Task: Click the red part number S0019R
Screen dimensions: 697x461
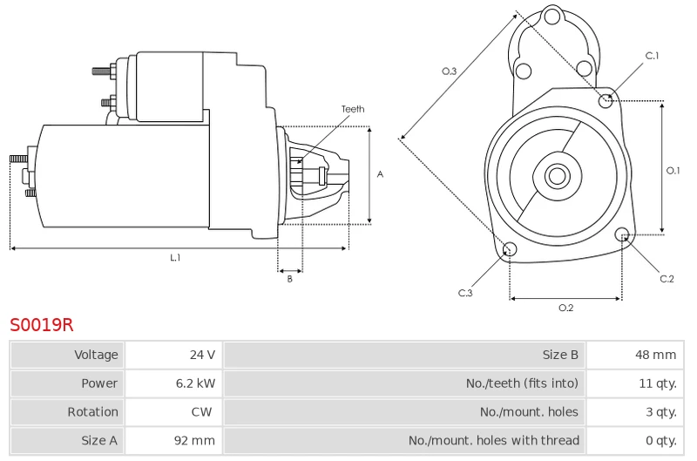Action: point(41,325)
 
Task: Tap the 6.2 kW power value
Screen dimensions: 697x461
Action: point(195,383)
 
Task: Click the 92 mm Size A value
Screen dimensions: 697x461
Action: point(194,441)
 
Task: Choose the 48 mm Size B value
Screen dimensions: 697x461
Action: point(656,355)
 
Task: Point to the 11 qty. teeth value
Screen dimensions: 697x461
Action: point(658,383)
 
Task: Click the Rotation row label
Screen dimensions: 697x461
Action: point(93,411)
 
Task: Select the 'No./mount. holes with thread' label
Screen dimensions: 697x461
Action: point(494,441)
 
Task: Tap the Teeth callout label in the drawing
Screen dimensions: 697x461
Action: point(353,109)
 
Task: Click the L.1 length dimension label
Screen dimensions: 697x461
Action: point(176,257)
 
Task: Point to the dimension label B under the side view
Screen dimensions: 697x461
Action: point(290,279)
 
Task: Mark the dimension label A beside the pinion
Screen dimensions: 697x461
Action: point(380,174)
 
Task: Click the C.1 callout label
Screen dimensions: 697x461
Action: point(652,56)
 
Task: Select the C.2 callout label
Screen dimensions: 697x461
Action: point(667,279)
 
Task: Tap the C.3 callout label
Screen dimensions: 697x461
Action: point(465,293)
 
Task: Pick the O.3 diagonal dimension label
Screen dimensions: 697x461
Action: point(449,71)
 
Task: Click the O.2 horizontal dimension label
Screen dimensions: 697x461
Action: point(565,308)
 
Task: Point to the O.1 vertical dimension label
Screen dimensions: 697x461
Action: point(673,170)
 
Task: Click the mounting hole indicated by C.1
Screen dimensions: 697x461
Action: point(606,101)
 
